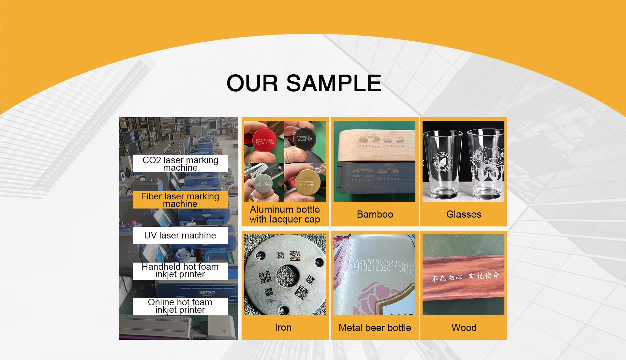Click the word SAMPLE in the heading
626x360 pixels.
(x=333, y=83)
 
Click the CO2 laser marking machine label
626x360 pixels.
(x=180, y=164)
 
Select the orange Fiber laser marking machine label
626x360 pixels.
(x=180, y=200)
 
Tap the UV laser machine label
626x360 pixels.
(x=180, y=235)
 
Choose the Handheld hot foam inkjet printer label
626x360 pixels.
(x=180, y=271)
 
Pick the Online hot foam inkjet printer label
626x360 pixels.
(x=180, y=306)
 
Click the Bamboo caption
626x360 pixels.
(x=375, y=214)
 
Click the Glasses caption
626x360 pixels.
(x=463, y=214)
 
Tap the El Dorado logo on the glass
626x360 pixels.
(x=442, y=162)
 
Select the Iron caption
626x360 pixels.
(x=283, y=327)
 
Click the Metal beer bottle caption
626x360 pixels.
(x=375, y=328)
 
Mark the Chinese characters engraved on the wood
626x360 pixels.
(x=465, y=277)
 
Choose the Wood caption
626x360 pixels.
(x=464, y=328)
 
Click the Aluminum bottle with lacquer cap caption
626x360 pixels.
(x=285, y=214)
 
